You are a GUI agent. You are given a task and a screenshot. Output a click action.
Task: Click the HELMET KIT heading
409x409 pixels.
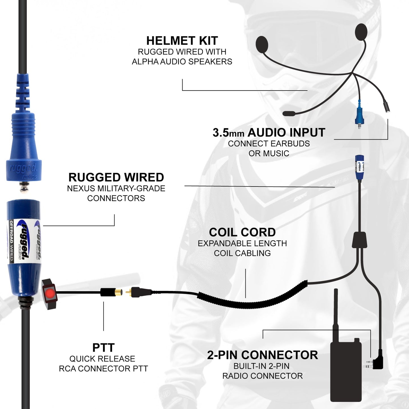coord(182,41)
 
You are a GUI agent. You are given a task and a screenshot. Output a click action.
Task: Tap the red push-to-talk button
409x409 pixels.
coord(50,292)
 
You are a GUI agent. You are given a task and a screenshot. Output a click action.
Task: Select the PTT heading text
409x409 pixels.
coord(103,348)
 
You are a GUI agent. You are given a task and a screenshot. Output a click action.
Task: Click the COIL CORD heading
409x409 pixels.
coord(242,232)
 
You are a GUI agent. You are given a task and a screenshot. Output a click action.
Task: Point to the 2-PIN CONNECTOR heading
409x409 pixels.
coord(262,355)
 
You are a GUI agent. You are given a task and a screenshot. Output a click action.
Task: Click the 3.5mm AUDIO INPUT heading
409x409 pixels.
coord(269,133)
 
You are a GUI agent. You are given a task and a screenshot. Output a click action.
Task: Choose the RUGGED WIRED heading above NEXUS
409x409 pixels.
coord(116,177)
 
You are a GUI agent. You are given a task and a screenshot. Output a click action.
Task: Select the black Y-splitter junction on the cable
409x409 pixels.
coord(359,240)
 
